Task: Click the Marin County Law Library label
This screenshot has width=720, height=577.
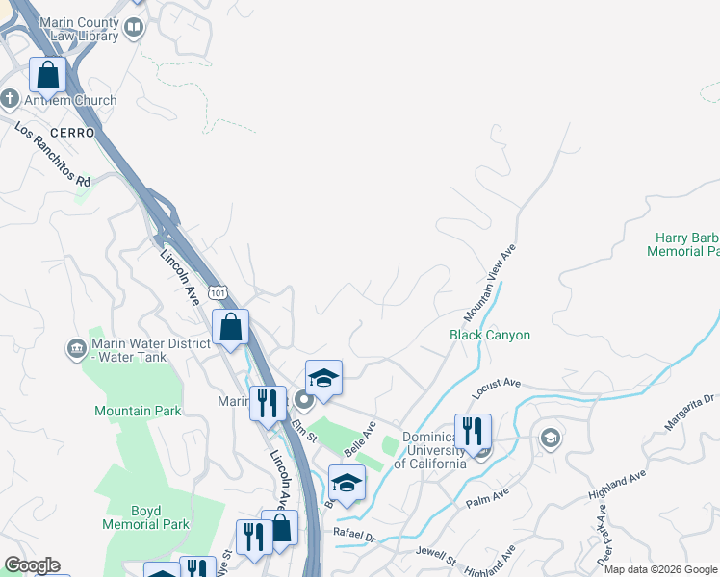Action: point(71,28)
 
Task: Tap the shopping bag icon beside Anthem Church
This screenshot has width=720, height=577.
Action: point(47,75)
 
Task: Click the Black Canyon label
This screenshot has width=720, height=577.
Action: point(490,335)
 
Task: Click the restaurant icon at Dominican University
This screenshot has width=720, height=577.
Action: point(472,431)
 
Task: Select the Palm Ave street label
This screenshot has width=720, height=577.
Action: point(487,498)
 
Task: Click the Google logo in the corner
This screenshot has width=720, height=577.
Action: point(31,565)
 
